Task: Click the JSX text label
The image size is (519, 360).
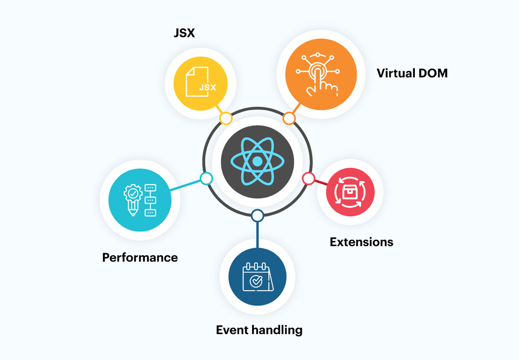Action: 184,33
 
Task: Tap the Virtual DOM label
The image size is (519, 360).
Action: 412,73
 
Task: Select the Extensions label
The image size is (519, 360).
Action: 361,242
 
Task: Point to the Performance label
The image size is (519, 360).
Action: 140,257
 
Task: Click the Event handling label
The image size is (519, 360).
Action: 259,330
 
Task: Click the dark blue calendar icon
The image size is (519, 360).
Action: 257,277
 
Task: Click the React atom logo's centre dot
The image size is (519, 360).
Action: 257,161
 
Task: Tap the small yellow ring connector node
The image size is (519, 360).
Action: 226,118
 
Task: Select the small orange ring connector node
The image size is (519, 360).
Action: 289,118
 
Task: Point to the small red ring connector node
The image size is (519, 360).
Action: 308,178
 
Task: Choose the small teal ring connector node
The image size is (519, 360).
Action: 206,178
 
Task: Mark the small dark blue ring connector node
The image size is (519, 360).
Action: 257,216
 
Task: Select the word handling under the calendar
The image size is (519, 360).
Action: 278,330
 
